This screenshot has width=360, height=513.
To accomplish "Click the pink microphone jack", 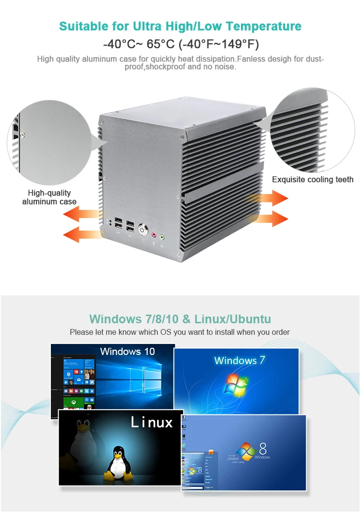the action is [154, 235].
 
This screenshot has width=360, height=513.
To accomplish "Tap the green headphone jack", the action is [162, 236].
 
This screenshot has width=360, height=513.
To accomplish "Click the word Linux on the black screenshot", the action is [152, 422].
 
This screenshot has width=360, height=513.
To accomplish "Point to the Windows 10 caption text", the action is [128, 352].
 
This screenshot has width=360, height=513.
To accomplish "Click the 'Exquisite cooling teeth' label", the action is [312, 180].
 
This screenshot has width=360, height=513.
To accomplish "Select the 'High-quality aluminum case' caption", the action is [49, 197].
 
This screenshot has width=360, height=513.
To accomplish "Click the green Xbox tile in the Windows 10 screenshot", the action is [73, 401].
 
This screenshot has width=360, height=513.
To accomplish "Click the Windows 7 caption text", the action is [240, 360].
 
